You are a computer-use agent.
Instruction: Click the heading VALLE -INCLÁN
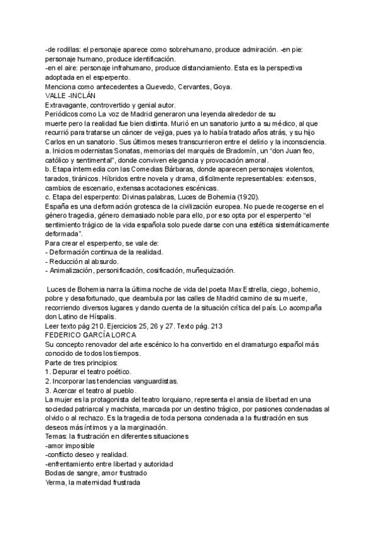[70, 96]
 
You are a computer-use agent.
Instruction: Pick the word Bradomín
[239, 153]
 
